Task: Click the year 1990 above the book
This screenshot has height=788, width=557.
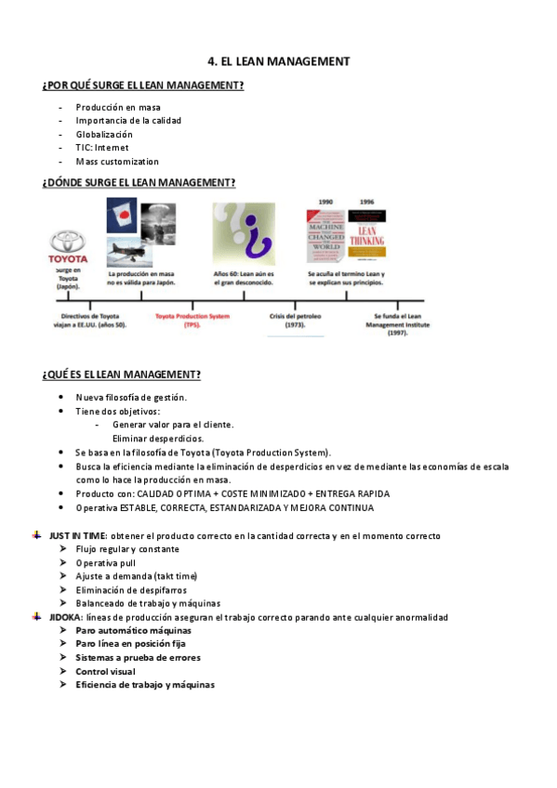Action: tap(325, 202)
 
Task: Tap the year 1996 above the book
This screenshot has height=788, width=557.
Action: tap(367, 202)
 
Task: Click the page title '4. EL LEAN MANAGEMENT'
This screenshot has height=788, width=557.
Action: tap(279, 61)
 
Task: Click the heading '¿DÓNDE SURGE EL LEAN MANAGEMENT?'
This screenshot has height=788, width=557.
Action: tap(139, 183)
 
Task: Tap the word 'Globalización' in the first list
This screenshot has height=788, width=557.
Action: tap(104, 134)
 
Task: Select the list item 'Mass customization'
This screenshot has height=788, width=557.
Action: tap(117, 162)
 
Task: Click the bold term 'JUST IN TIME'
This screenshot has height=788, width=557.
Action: tap(78, 536)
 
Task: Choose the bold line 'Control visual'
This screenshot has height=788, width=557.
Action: tap(105, 671)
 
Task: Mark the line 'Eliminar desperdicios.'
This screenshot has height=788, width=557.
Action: tap(158, 438)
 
